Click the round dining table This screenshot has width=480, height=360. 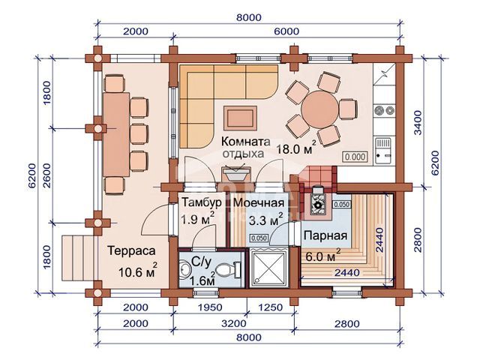(x=320, y=109)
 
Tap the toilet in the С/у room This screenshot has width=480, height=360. (x=227, y=270)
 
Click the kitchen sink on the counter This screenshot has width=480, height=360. (x=383, y=151)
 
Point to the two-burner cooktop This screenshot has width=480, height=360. (x=384, y=110)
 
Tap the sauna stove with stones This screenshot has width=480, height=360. (x=318, y=202)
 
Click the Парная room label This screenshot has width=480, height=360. (x=325, y=235)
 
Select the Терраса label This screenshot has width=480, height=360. (x=132, y=250)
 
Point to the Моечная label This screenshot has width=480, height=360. (x=259, y=202)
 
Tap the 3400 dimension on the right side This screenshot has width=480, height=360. (x=418, y=122)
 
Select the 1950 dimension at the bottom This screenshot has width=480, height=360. (x=210, y=307)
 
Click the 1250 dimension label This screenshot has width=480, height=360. (x=270, y=307)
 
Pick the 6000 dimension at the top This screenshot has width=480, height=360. (x=286, y=31)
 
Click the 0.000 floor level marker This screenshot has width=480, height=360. (x=355, y=157)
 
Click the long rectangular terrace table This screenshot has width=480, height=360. (x=116, y=135)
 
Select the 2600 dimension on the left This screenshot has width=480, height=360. (x=47, y=175)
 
